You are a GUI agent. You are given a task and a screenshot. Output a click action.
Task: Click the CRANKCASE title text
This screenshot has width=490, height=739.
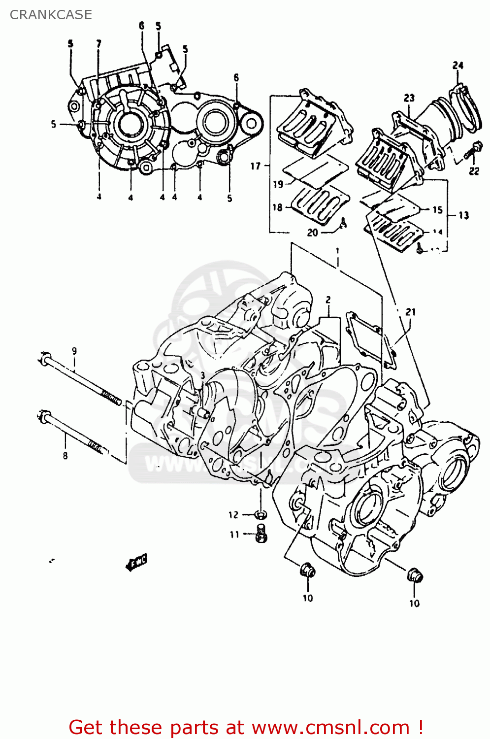(x=51, y=15)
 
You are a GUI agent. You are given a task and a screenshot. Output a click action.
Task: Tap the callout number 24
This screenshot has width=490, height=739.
(x=457, y=66)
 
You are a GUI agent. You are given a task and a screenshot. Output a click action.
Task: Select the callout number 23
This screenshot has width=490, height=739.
(x=409, y=98)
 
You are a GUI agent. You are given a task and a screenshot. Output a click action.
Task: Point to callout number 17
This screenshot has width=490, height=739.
(x=255, y=166)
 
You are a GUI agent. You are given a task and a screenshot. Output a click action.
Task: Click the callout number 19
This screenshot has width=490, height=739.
(x=278, y=184)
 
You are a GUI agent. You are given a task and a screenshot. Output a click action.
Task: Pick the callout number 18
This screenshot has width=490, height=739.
(x=277, y=207)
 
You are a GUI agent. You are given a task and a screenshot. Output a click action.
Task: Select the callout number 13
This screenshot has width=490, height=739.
(x=463, y=215)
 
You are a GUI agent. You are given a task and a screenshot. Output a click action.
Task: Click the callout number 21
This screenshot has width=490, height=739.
(x=410, y=312)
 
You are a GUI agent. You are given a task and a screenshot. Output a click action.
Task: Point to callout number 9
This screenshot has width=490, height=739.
(x=74, y=351)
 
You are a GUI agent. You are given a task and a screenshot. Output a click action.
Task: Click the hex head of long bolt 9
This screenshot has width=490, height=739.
(x=44, y=360)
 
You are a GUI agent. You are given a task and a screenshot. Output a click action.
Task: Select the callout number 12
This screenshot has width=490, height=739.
(x=233, y=515)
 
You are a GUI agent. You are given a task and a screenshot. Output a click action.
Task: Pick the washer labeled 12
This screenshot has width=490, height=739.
(x=261, y=515)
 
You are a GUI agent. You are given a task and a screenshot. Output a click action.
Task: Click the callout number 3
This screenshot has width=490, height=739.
(x=202, y=375)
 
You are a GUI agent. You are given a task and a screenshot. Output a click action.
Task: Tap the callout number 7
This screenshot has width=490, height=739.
(x=99, y=44)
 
